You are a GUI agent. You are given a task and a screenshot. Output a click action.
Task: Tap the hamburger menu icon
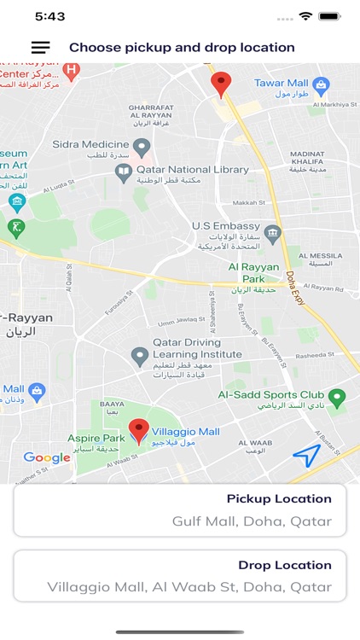click(x=40, y=48)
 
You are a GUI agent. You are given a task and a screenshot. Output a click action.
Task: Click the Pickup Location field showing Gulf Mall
click(x=179, y=510)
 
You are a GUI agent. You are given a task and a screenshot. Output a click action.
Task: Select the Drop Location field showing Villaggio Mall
click(x=179, y=576)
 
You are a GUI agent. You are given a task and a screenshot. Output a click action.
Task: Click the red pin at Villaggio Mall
click(x=138, y=431)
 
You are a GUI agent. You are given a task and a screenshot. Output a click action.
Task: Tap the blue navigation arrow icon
click(x=306, y=457)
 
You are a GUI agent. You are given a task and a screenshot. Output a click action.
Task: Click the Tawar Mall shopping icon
click(x=321, y=84)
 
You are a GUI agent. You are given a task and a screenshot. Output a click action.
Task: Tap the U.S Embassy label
click(x=224, y=225)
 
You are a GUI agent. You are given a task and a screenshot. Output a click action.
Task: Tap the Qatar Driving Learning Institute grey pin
click(x=140, y=356)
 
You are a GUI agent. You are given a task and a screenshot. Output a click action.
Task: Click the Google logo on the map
click(x=46, y=457)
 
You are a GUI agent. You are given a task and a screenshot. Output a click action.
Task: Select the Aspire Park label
click(x=96, y=438)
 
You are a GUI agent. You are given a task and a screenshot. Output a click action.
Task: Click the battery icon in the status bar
click(x=330, y=16)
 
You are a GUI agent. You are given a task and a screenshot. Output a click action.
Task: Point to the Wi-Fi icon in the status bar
click(x=305, y=16)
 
